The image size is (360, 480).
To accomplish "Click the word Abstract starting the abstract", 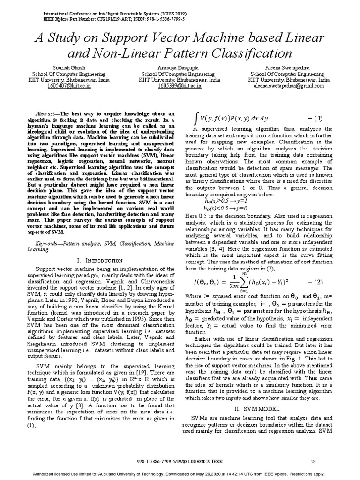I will pos(46,114).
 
